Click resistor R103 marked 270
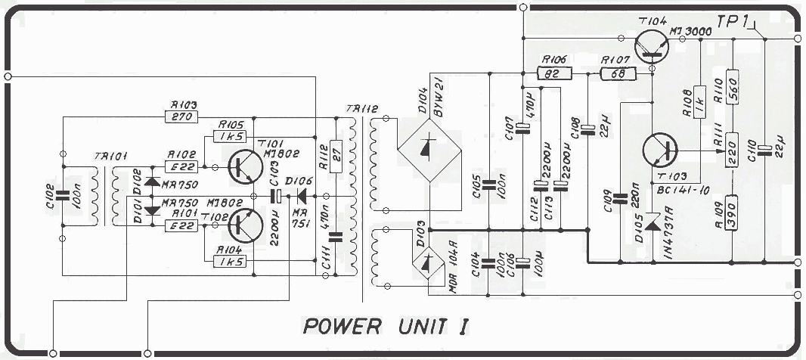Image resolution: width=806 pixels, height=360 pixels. [x=180, y=117]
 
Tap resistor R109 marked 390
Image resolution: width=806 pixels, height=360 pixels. [x=732, y=213]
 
